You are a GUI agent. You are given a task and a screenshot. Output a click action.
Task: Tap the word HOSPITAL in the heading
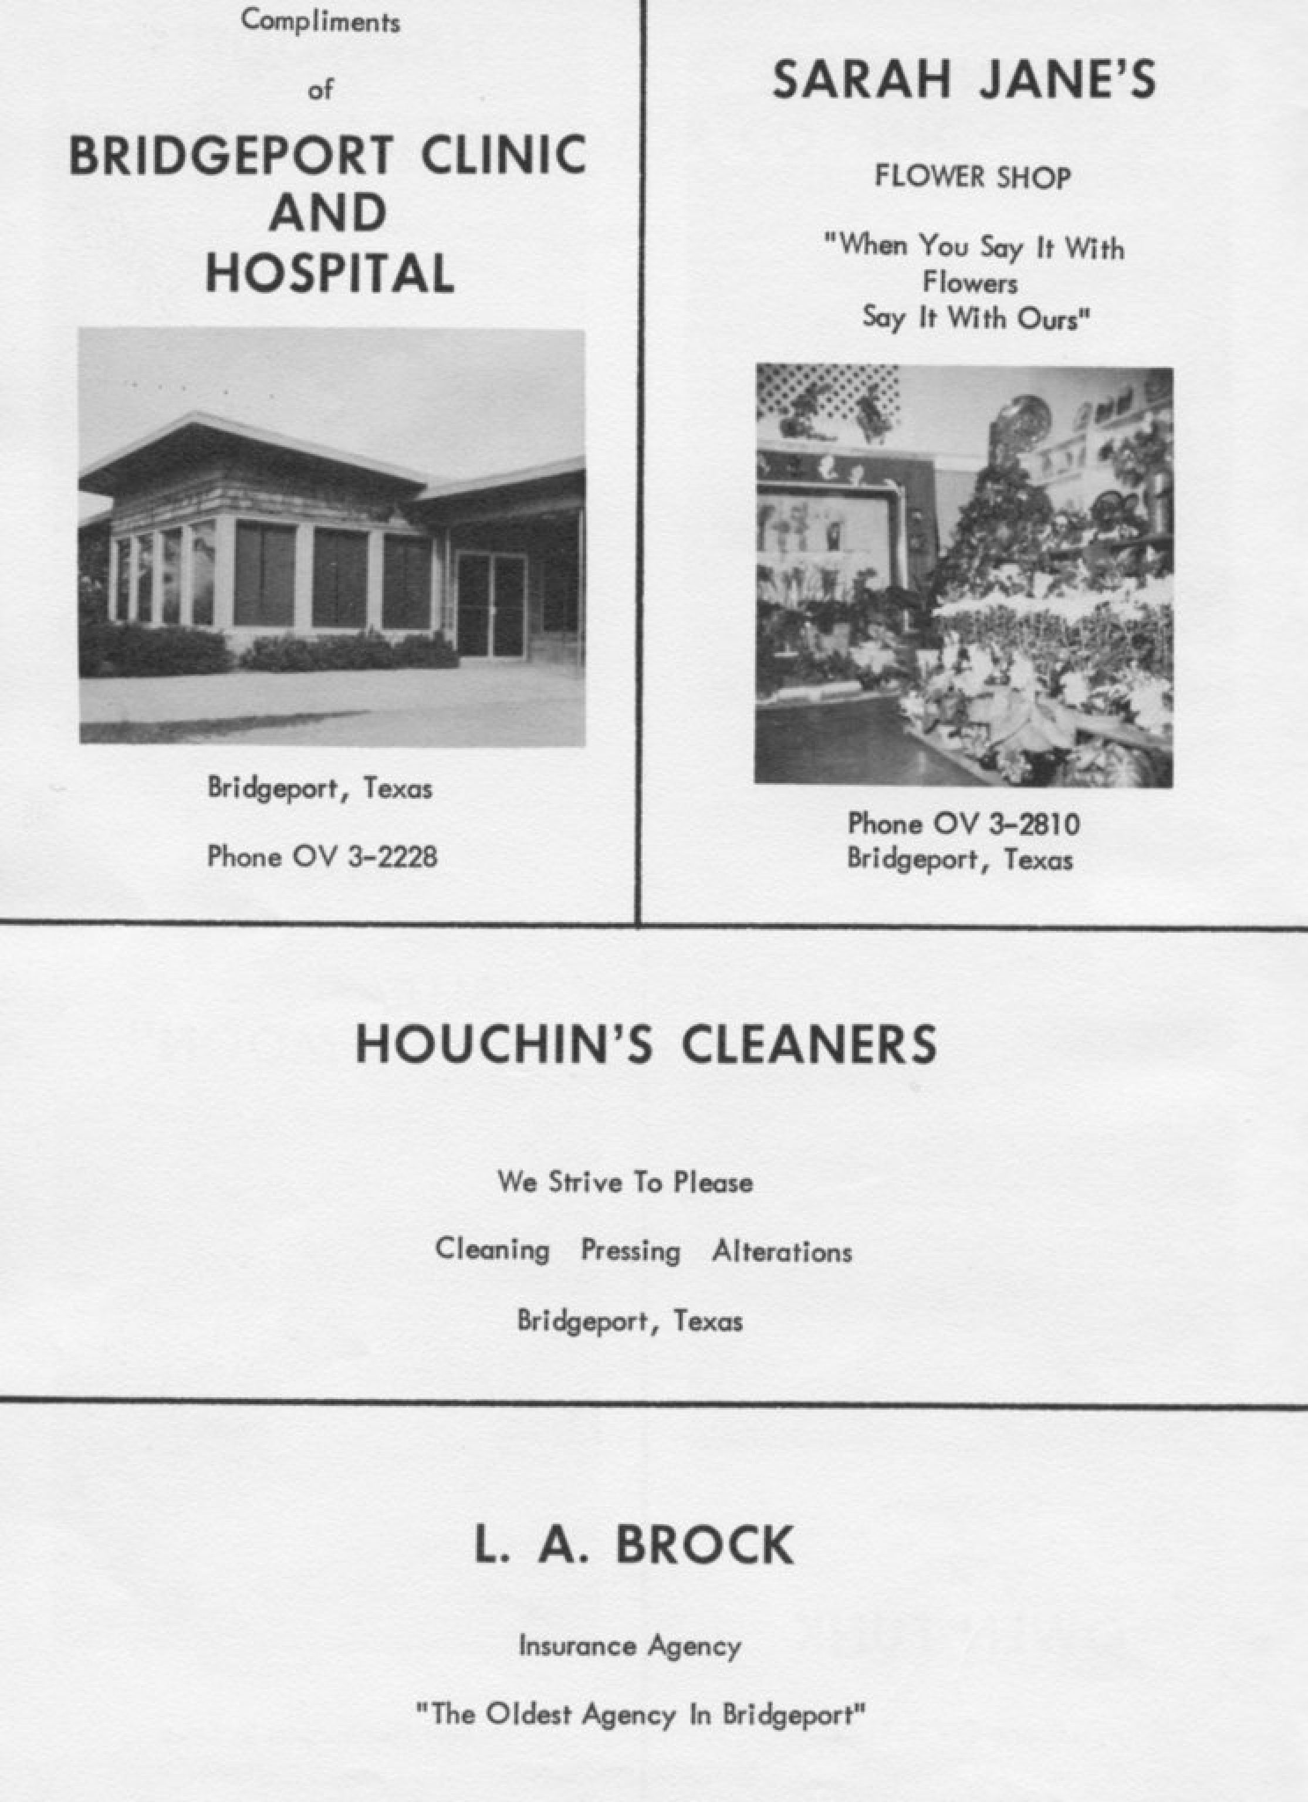330,273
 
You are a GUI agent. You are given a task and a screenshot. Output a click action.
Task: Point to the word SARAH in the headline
861,80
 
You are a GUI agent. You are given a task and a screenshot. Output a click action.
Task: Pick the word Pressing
630,1251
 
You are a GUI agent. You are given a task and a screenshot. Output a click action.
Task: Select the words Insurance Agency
630,1647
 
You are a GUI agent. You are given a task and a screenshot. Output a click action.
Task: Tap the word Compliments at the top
321,22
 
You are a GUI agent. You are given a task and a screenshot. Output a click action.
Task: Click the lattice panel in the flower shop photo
826,397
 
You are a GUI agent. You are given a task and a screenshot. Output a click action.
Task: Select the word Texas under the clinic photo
398,788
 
